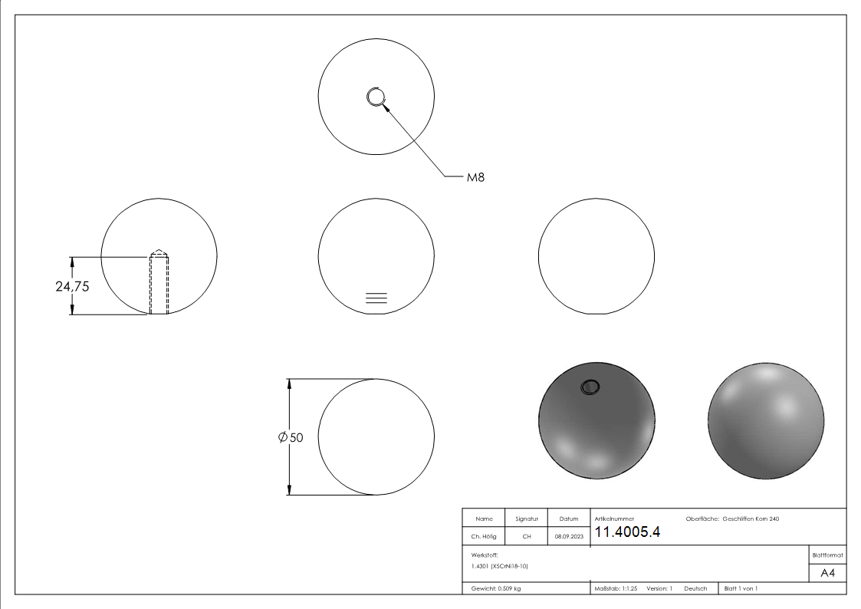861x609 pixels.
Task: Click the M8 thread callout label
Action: [x=475, y=177]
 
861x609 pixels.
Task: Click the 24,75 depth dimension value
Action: [x=73, y=286]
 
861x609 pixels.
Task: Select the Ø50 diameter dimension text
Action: [x=291, y=437]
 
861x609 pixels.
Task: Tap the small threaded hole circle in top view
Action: [x=376, y=97]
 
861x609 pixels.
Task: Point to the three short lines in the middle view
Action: [x=376, y=299]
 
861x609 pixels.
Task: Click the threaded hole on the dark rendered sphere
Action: [x=590, y=388]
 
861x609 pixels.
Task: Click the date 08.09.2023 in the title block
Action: [x=568, y=537]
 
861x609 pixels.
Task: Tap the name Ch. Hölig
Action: [x=484, y=537]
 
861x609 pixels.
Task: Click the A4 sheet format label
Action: [x=828, y=573]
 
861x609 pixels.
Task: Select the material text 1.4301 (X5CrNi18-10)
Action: [x=500, y=566]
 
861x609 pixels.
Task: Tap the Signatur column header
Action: [x=526, y=519]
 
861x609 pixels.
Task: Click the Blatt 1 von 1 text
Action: [x=741, y=588]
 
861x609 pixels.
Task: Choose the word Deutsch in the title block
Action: [x=695, y=588]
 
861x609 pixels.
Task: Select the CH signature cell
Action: [x=526, y=537]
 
